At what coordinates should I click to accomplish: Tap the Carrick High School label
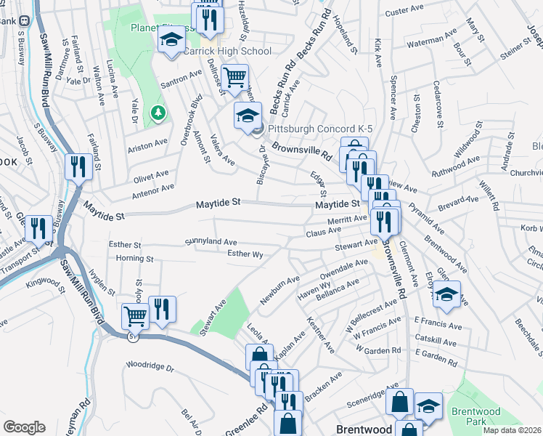216,52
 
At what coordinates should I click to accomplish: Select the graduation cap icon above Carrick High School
171,40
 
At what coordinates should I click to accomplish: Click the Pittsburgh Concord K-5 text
320,129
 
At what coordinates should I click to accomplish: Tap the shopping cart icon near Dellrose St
234,77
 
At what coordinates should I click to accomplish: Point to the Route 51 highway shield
130,336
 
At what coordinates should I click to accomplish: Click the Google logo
24,427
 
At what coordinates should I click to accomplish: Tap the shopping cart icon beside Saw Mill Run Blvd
135,316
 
